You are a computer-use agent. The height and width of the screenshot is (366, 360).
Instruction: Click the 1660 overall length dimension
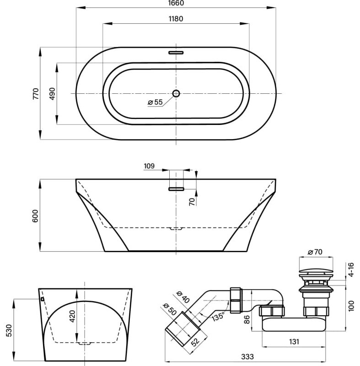[x=176, y=3]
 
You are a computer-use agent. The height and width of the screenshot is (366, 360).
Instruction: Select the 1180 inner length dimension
[x=176, y=19]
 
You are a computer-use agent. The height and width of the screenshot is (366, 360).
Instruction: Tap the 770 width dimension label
[x=36, y=94]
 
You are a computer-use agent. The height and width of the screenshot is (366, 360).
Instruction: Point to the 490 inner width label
[x=52, y=94]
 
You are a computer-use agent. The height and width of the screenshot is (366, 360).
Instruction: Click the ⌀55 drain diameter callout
[x=155, y=102]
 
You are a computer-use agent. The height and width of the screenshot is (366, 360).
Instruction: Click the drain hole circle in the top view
[x=176, y=93]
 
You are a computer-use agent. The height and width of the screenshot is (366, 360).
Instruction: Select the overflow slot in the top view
[x=176, y=53]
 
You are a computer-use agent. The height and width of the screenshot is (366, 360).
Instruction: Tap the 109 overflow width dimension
[x=149, y=166]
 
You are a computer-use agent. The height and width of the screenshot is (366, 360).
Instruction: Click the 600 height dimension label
[x=35, y=216]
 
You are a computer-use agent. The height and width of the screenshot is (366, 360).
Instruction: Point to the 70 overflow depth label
[x=192, y=201]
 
